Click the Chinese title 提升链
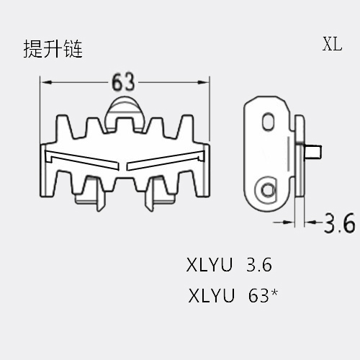click(53, 49)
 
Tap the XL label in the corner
click(332, 44)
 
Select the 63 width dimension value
click(123, 82)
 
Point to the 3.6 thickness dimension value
click(339, 223)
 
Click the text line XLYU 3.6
click(229, 265)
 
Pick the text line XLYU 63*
click(233, 295)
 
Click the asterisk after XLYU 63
click(274, 292)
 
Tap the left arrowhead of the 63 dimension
click(46, 82)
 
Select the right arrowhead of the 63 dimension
click(203, 82)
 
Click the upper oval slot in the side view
click(269, 122)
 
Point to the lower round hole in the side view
click(267, 190)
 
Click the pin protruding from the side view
click(312, 152)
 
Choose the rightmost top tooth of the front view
click(186, 127)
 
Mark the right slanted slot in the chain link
click(166, 160)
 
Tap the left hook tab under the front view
click(100, 197)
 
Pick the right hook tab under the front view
click(149, 197)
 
